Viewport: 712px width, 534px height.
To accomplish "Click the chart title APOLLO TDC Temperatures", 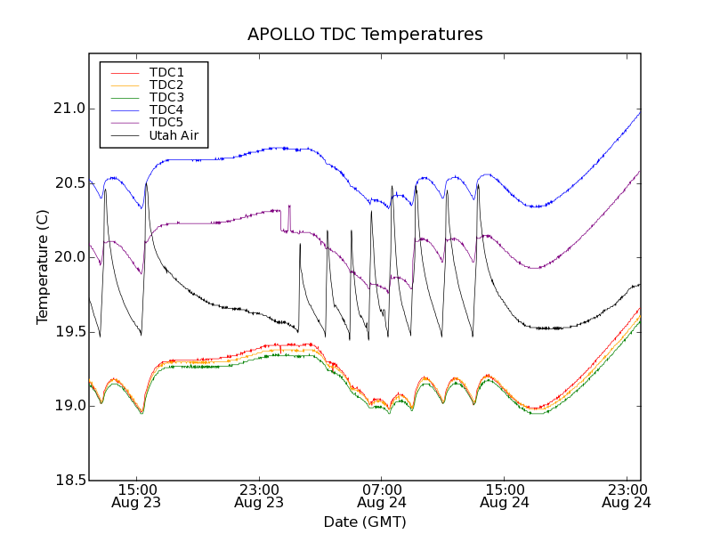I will click(365, 35).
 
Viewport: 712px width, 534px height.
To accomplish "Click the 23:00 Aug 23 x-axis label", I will click(259, 496).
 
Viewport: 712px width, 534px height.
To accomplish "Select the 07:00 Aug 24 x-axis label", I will click(382, 496).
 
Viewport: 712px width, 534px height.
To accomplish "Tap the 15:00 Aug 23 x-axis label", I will click(136, 496).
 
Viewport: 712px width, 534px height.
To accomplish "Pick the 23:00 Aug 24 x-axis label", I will click(627, 496).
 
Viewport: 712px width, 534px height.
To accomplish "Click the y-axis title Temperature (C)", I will click(43, 267).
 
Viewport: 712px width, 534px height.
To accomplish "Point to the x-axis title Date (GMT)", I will click(365, 522).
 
